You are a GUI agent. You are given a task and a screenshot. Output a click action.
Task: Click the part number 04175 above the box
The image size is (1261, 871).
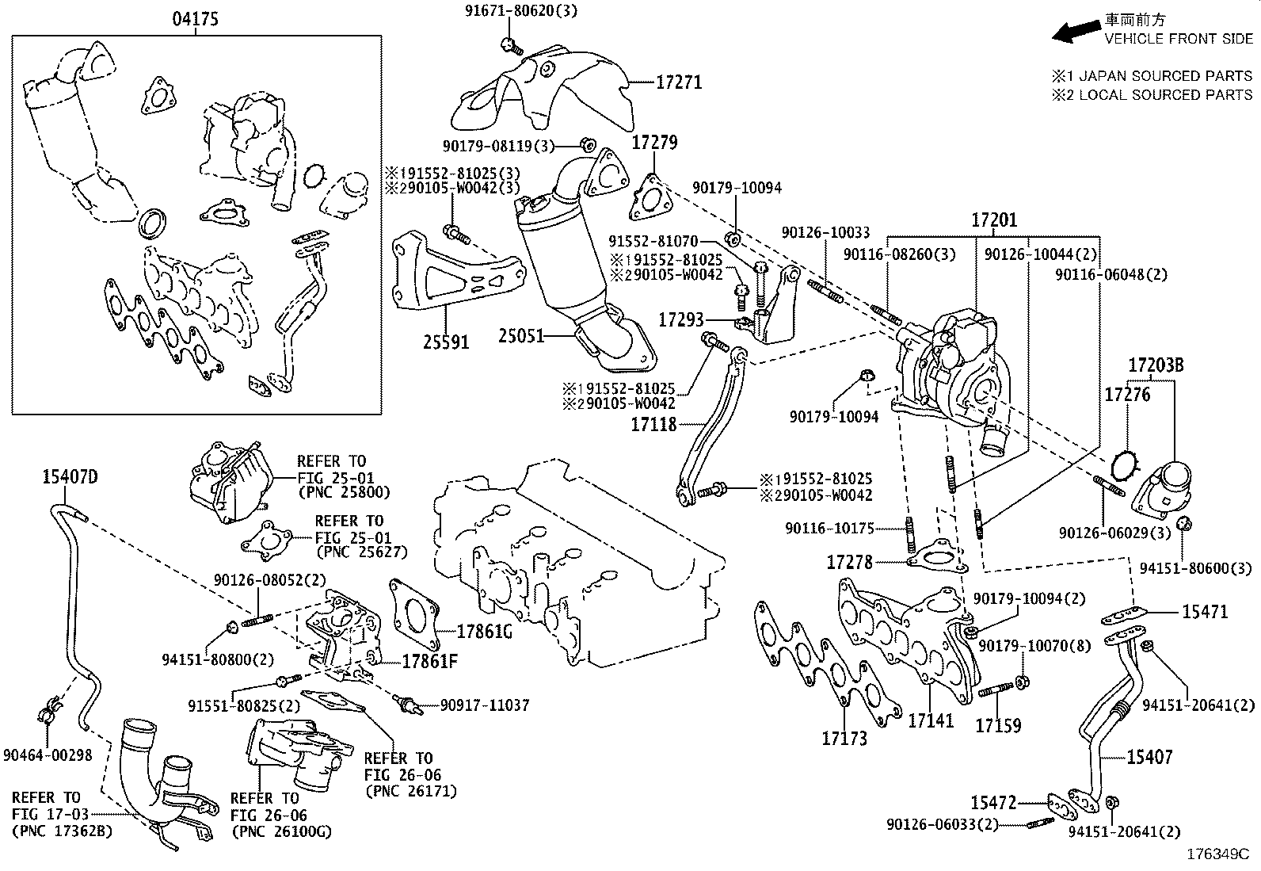click(196, 20)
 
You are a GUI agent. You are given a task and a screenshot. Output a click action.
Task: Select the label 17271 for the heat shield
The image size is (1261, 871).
click(679, 82)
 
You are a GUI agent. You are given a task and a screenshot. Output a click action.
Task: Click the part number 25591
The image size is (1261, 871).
click(445, 342)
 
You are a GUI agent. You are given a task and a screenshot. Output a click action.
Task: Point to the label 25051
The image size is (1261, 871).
click(521, 336)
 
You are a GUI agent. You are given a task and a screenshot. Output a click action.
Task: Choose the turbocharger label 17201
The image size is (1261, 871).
click(994, 220)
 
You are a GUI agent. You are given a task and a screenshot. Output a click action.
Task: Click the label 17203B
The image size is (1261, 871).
click(1156, 365)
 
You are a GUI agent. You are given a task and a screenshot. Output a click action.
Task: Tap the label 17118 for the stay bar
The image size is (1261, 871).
click(653, 425)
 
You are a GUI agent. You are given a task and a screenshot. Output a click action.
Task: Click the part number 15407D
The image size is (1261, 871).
click(70, 476)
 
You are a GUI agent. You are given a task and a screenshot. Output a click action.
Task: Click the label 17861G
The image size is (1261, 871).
click(486, 632)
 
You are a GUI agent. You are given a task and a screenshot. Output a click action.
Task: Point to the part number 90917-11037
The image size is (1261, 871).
click(484, 705)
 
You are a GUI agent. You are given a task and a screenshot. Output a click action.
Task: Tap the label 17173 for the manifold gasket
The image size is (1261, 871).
click(844, 739)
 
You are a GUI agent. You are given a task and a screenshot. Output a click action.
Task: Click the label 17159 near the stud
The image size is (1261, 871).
click(997, 725)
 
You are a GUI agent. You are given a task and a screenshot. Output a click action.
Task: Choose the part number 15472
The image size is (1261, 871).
click(993, 803)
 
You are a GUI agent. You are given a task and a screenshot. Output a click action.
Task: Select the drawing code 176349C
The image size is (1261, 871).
click(1217, 855)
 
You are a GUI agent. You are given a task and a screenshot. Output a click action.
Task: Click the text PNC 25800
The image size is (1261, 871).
click(344, 492)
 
